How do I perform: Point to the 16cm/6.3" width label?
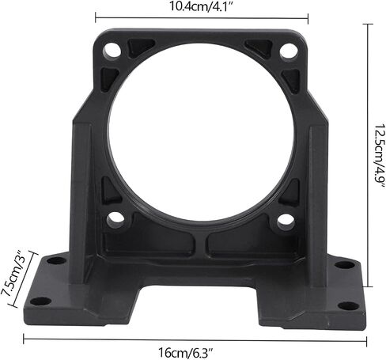[x=185, y=352]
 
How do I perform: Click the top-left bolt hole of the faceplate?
[x=112, y=51]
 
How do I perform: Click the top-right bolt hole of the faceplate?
[x=288, y=51]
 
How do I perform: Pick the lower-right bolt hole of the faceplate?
[x=286, y=220]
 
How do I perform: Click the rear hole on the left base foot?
[x=56, y=261]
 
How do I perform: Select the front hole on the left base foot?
[x=40, y=301]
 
